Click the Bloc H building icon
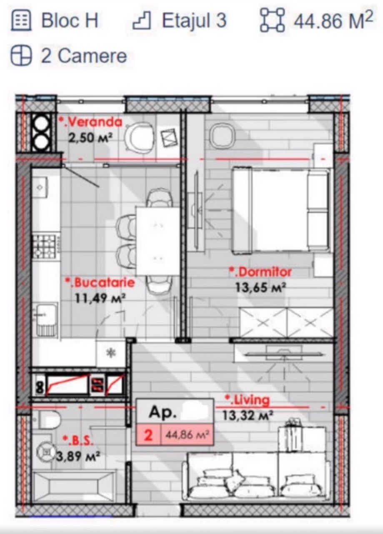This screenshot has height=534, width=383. click(21, 20)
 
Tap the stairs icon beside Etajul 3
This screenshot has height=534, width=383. click(142, 20)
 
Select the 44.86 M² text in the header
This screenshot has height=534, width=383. click(333, 20)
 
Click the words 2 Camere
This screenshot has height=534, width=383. click(84, 56)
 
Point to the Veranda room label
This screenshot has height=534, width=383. click(90, 122)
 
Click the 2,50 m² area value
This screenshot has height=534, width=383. click(90, 138)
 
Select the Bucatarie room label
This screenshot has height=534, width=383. click(100, 283)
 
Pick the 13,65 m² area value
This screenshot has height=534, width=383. click(260, 287)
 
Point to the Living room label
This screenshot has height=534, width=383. click(248, 400)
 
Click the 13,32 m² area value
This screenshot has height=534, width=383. click(248, 416)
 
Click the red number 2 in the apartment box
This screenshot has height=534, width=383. click(148, 435)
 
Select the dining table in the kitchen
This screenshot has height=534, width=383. click(158, 241)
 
